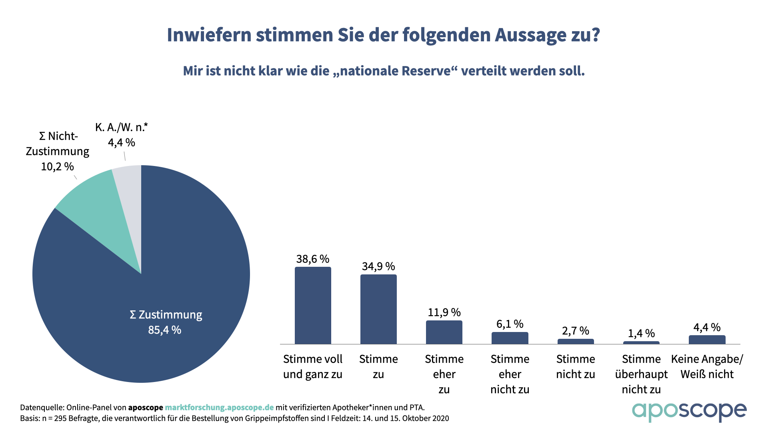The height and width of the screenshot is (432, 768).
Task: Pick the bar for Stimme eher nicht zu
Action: coord(510,338)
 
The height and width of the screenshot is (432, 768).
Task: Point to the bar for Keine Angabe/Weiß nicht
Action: coord(707,340)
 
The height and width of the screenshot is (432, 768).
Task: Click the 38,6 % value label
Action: coord(313,259)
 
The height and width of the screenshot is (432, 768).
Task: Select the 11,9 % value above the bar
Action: coord(444,312)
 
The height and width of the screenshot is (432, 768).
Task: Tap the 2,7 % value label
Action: coord(576,331)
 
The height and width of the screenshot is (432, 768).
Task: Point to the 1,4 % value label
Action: coord(641,333)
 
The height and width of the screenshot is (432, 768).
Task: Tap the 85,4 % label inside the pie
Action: coord(165,330)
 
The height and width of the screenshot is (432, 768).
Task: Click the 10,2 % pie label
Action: coord(57,166)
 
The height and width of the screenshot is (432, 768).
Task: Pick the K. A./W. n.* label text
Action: coord(122,128)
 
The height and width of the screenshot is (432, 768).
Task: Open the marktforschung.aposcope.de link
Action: coord(219,408)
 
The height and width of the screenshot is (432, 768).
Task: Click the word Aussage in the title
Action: coord(531,35)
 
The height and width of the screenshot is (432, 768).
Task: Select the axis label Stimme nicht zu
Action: coord(576,366)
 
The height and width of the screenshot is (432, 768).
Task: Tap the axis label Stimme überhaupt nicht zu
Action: coord(641,374)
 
